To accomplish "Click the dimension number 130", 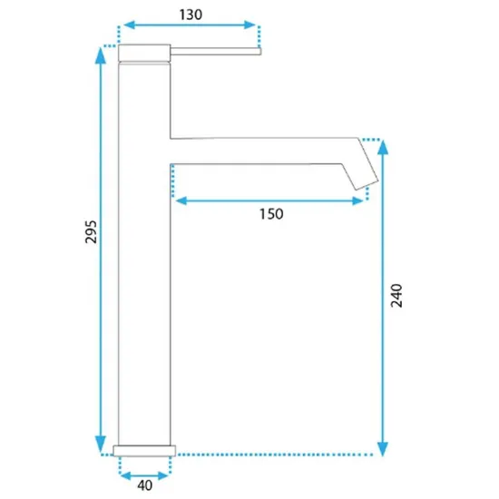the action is coord(191,15).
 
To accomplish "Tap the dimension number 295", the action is coord(91,231).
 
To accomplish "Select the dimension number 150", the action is coord(271,214).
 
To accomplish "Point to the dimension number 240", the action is coord(396,296).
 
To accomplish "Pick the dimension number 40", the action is coord(145,485).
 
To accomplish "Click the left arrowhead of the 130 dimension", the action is coord(129,24).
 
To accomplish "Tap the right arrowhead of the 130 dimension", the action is coord(249,24).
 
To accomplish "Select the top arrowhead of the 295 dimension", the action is coord(101,55).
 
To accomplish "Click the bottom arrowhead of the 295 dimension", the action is coord(101,444).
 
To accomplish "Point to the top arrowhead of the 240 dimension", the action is coord(383,147).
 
